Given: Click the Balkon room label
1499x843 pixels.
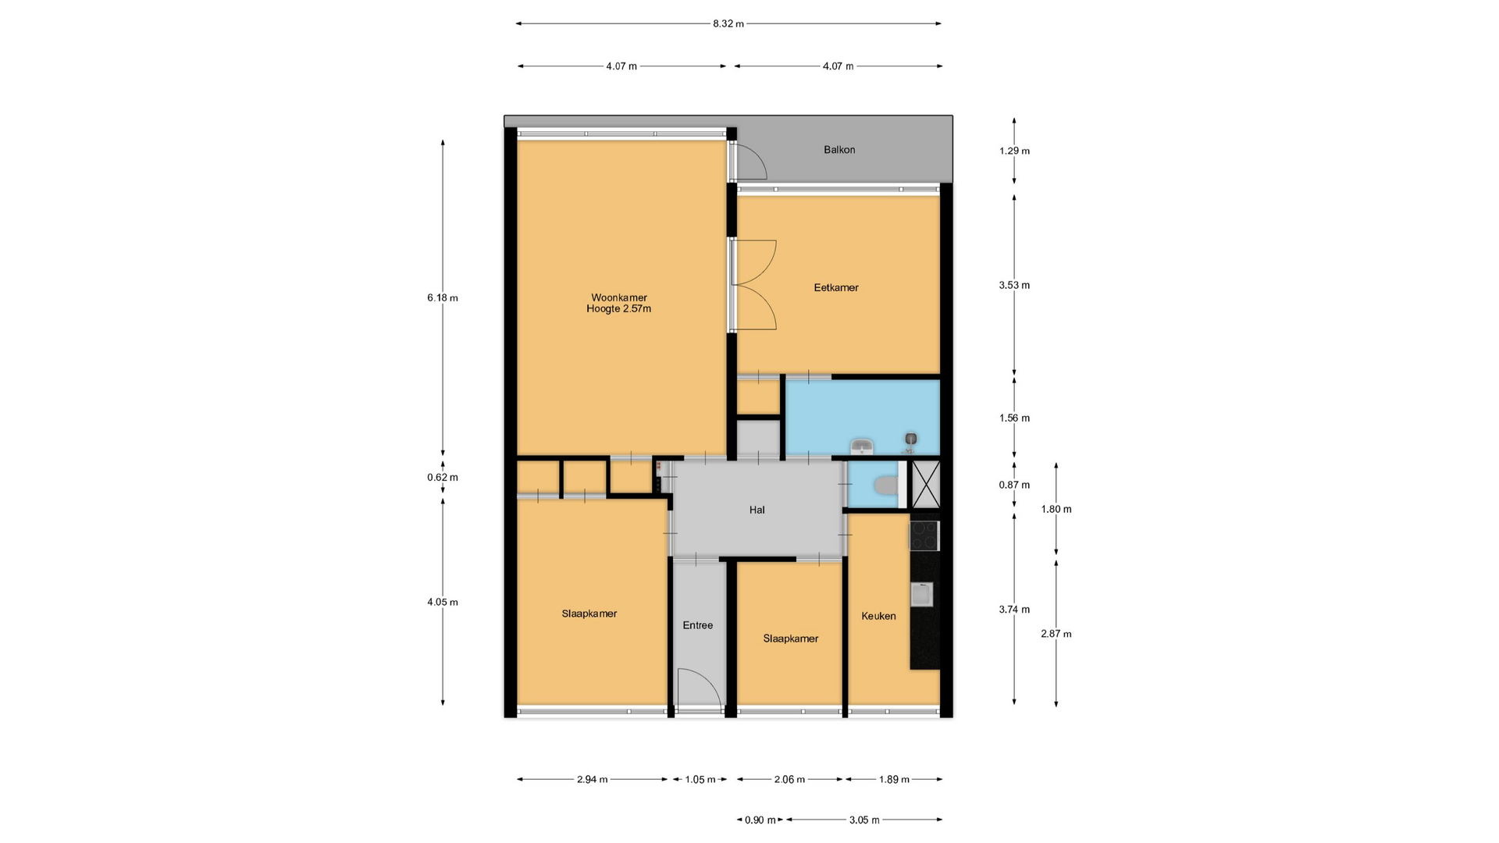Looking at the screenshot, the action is pos(839,150).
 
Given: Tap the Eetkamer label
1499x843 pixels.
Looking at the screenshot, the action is pos(836,287).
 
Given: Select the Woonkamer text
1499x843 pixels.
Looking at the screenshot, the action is pos(619,297).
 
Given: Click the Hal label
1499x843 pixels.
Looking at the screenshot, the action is pos(757,510).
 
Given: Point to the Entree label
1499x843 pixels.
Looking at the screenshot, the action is pos(698,625).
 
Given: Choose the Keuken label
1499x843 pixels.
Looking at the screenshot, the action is pos(878,616).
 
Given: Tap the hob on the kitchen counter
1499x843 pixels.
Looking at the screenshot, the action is pos(924,535).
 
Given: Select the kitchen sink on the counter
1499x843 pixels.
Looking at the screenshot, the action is pos(922,595).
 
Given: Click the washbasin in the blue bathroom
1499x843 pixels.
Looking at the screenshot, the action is pos(861,446).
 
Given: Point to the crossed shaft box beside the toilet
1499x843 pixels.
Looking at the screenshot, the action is pos(926,485).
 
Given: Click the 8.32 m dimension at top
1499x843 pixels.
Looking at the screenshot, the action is pos(728,23).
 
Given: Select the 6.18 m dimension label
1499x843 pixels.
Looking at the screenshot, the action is pos(443,297).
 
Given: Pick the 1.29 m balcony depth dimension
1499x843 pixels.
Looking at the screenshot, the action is pos(1014,151).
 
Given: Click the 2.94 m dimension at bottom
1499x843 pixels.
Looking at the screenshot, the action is pos(593,779).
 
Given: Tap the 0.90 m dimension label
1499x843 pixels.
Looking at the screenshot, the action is pos(760,820).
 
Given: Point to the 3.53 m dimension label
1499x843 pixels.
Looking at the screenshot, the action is pos(1014,285).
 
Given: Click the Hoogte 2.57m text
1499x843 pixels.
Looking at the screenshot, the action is pos(619,308).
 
